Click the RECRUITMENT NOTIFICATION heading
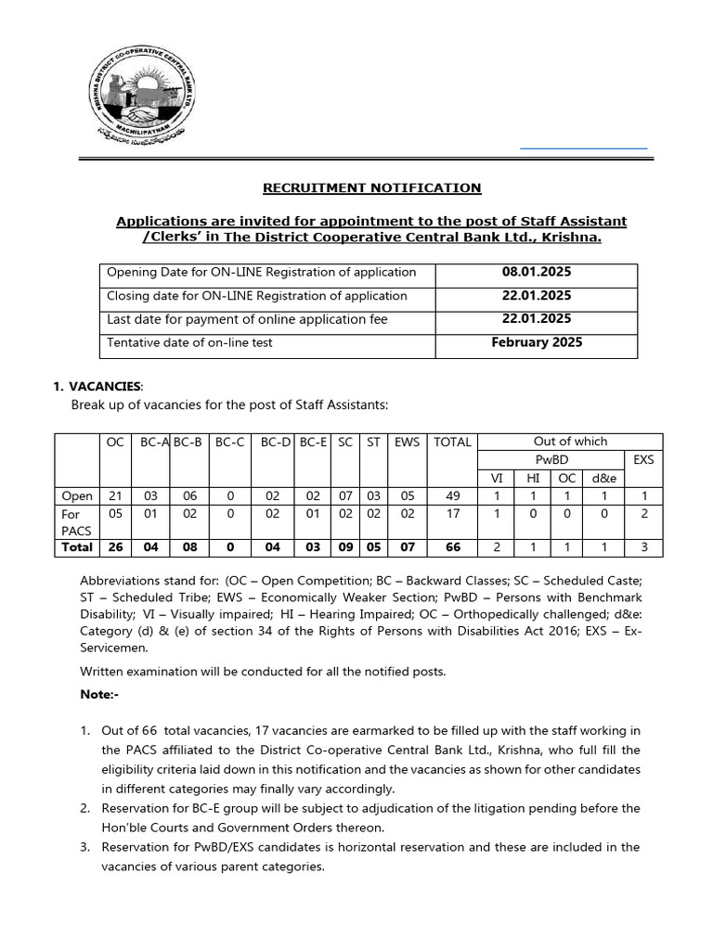(371, 187)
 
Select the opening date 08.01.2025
(536, 273)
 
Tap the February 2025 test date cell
(536, 342)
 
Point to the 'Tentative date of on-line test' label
(189, 342)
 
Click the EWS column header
(407, 443)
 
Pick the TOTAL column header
(452, 443)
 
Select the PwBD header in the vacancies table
(551, 459)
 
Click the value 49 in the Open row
(452, 495)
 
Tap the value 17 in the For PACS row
(452, 514)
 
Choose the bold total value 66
(452, 547)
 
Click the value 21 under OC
(115, 495)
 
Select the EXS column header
(642, 459)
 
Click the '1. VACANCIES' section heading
(98, 385)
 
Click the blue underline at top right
(583, 148)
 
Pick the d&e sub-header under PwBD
(603, 477)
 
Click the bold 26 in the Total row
(115, 547)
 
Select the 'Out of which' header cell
(570, 442)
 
